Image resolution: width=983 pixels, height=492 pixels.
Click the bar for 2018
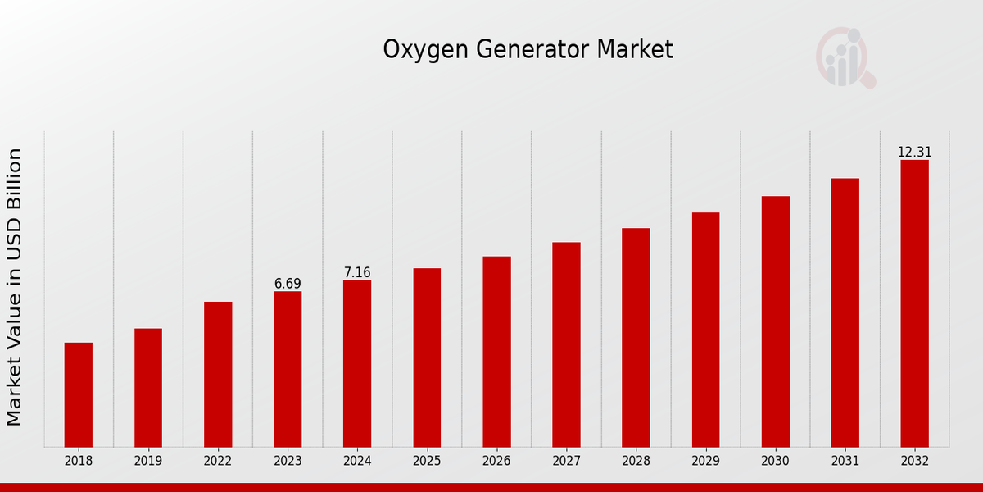click(79, 394)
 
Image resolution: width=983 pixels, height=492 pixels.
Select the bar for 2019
click(148, 388)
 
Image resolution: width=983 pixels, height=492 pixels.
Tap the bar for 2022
click(218, 374)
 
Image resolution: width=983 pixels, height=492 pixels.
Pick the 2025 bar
click(427, 358)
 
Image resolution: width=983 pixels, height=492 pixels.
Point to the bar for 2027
click(566, 344)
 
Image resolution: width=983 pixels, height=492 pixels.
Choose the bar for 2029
click(705, 330)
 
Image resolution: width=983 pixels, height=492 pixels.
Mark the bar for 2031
click(845, 312)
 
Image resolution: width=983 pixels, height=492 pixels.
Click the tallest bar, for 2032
click(914, 303)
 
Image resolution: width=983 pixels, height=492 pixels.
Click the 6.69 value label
click(288, 284)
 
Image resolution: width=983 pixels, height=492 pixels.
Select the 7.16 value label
click(357, 272)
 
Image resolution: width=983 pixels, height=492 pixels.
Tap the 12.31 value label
click(914, 153)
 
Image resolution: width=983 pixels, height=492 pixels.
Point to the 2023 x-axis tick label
click(288, 461)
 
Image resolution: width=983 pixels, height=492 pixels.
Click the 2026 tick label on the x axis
click(496, 461)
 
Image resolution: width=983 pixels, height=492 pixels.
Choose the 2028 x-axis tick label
click(636, 461)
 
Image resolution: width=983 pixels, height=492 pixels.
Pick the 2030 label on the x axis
click(775, 461)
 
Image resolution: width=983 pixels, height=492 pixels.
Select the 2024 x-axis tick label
click(357, 461)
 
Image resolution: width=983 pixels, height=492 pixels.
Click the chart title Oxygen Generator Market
click(528, 50)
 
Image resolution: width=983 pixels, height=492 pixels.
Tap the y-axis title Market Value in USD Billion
click(15, 287)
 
